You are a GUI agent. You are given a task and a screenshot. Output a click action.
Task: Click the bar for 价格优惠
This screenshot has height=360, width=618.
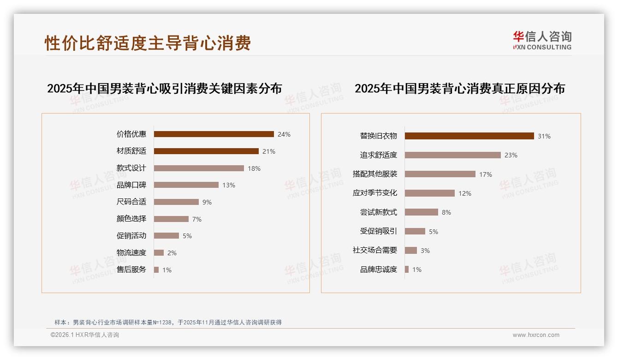point(214,134)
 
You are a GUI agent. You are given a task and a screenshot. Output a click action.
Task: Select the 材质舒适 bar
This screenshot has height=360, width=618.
point(206,151)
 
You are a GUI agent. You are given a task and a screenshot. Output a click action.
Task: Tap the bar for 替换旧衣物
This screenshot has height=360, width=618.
point(469,136)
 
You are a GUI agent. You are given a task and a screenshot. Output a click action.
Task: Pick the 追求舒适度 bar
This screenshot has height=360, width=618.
point(452,155)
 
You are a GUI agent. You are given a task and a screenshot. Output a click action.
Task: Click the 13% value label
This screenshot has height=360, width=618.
point(229,185)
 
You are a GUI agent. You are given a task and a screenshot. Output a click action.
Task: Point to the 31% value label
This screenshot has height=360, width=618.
point(544,136)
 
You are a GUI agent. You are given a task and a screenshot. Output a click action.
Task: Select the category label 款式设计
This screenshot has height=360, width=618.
point(131,168)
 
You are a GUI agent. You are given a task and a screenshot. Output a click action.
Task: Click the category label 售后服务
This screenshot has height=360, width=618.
point(131,270)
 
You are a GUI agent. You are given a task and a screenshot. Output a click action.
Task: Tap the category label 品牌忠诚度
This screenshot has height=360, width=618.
point(378,270)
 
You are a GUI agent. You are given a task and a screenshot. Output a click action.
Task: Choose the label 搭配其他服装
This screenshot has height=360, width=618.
point(374,174)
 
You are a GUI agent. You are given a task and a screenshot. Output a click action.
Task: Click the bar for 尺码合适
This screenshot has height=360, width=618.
point(176,202)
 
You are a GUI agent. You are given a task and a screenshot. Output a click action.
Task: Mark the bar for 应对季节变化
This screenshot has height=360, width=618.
point(429,193)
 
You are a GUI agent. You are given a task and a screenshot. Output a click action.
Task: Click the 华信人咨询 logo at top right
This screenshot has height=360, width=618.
point(542,40)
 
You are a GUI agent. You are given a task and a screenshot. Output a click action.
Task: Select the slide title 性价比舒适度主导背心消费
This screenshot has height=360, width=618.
point(148,43)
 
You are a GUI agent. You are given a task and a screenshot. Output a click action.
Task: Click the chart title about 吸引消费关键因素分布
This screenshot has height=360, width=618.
point(164,88)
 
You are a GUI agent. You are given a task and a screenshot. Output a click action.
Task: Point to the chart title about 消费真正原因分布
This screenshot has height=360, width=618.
point(459,88)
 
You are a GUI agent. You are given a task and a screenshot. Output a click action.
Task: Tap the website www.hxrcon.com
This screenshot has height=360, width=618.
point(536,335)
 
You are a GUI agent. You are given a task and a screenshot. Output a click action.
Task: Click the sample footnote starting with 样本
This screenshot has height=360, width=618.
point(168,323)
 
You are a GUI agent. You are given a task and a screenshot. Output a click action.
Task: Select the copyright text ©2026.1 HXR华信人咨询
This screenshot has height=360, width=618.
point(85,335)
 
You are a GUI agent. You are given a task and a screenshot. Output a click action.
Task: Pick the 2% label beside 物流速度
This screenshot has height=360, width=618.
point(172,253)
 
